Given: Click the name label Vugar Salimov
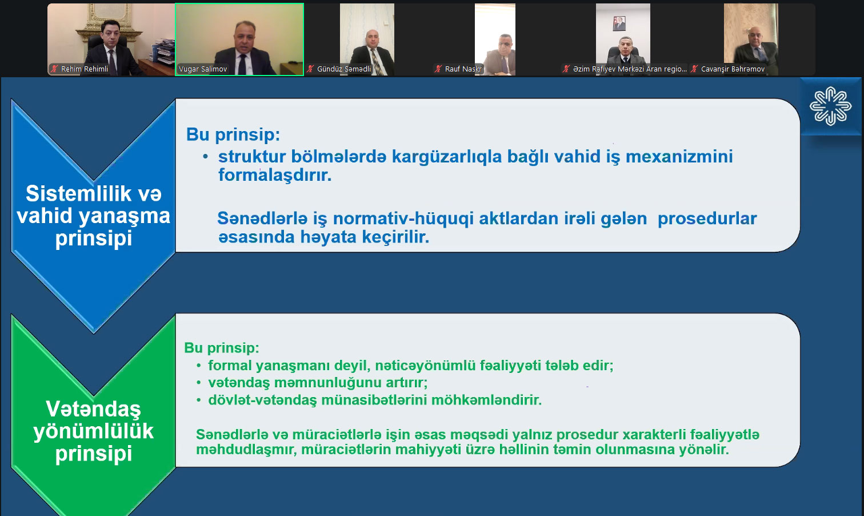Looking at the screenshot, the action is pyautogui.click(x=203, y=69).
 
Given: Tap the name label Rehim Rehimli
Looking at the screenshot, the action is pyautogui.click(x=85, y=69).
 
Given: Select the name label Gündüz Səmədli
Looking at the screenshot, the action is pyautogui.click(x=343, y=69).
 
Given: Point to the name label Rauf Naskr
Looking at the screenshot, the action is pyautogui.click(x=463, y=69).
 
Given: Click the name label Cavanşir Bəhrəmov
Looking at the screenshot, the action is pyautogui.click(x=733, y=69).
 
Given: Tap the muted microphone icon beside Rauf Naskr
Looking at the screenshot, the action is pyautogui.click(x=438, y=69).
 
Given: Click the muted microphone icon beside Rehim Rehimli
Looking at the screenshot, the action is pyautogui.click(x=54, y=69).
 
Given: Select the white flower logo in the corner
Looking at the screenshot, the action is pyautogui.click(x=830, y=106).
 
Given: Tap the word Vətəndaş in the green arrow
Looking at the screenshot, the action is pyautogui.click(x=93, y=410).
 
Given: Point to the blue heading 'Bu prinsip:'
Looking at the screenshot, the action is pyautogui.click(x=233, y=135).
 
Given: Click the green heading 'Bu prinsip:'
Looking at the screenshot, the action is pyautogui.click(x=222, y=348).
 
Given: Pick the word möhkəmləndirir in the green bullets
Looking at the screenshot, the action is pyautogui.click(x=486, y=400).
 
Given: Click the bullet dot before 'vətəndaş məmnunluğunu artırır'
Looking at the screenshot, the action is pyautogui.click(x=199, y=383).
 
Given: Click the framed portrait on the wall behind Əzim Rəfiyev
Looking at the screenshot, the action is pyautogui.click(x=619, y=23).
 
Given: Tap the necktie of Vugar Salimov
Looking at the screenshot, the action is pyautogui.click(x=242, y=64).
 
